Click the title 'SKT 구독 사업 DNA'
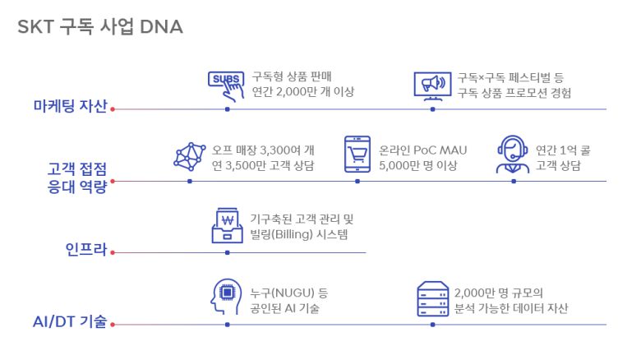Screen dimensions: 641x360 tap(100, 27)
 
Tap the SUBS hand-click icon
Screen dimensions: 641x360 tap(227, 86)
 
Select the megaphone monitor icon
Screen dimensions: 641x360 tap(432, 86)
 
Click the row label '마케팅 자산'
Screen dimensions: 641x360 tap(71, 106)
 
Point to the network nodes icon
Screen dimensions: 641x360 tap(189, 157)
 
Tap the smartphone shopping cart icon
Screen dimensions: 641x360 tap(357, 155)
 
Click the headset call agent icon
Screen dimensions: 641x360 tap(513, 155)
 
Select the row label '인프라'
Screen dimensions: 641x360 tap(86, 249)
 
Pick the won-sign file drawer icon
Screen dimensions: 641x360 tap(228, 225)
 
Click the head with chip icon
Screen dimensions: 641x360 tap(226, 297)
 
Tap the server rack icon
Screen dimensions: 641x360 tap(432, 299)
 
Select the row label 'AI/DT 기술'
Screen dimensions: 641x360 tap(70, 321)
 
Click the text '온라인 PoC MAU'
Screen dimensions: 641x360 tap(422, 150)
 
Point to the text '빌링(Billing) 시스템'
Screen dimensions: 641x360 tap(299, 234)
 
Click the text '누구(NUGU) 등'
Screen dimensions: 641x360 tap(289, 293)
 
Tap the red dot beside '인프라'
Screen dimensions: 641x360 tap(113, 253)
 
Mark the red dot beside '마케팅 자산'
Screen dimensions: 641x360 tap(113, 109)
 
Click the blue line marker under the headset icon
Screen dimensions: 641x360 tap(514, 181)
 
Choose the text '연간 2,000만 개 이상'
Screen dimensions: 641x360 tap(303, 91)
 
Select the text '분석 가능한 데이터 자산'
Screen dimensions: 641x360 tap(511, 308)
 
